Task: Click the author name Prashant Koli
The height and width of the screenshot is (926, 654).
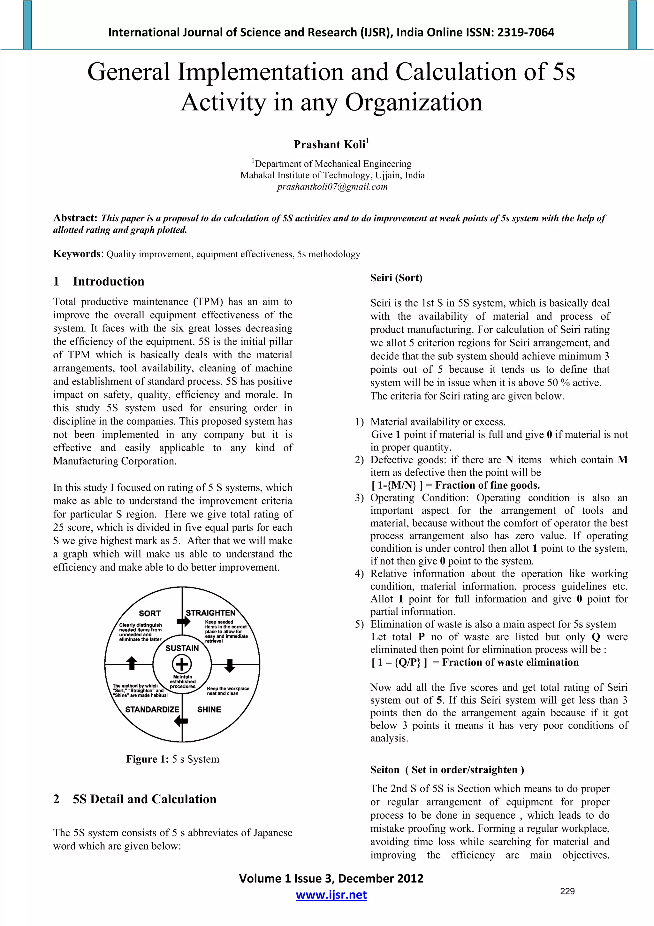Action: point(329,144)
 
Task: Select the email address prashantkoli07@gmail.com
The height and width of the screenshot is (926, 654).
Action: point(332,187)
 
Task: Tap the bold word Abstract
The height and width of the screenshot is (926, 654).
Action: point(75,218)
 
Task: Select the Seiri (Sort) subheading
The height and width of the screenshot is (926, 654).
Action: point(396,277)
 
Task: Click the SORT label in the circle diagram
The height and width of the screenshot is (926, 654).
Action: point(149,613)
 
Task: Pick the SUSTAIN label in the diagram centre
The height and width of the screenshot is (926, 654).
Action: point(182,648)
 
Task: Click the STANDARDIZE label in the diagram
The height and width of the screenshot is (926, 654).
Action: point(152,709)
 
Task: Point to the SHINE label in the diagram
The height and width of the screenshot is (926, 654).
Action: point(209,709)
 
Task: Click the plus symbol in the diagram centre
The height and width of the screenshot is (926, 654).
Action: point(182,664)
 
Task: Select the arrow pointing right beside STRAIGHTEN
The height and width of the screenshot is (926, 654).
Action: point(183,621)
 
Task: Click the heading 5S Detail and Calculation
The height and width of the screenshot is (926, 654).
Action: point(144,799)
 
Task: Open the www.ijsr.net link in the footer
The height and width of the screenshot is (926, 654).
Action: point(331,895)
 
